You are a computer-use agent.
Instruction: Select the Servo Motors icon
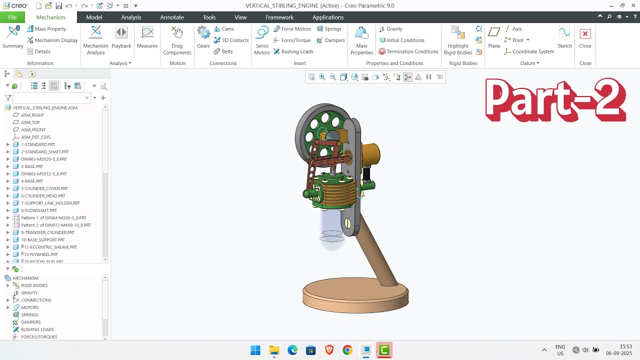[x=262, y=40]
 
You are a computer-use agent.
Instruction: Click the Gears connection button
[x=203, y=38]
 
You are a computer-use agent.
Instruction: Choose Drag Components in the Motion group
[x=177, y=40]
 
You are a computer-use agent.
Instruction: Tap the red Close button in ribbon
[x=585, y=38]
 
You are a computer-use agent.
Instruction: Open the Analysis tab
[x=131, y=17]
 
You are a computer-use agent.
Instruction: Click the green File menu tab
[x=12, y=17]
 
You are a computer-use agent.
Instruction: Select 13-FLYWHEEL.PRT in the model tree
[x=39, y=254]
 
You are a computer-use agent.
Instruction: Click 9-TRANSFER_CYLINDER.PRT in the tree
[x=47, y=232]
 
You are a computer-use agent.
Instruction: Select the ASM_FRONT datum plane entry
[x=33, y=129]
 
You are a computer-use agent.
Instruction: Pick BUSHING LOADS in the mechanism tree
[x=37, y=329]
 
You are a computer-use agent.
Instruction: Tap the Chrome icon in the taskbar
[x=347, y=350]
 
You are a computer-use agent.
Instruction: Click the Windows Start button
[x=255, y=350]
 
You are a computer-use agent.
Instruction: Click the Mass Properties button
[x=361, y=40]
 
